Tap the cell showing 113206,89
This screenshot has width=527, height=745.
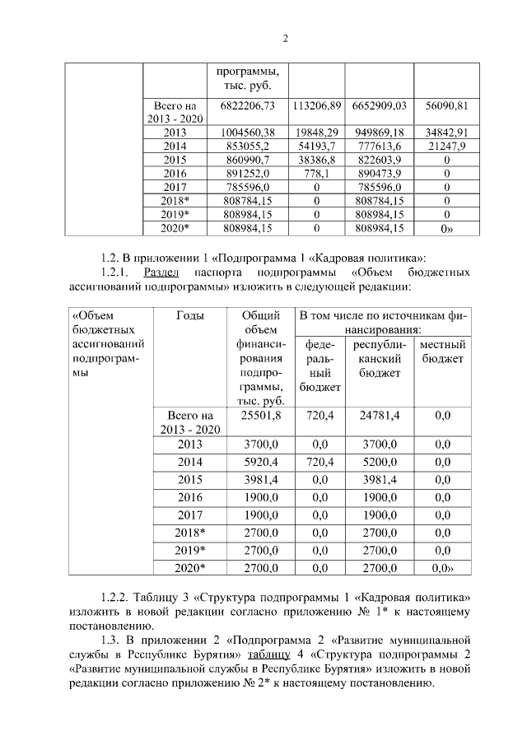(x=316, y=106)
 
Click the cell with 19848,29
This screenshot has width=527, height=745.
(x=316, y=132)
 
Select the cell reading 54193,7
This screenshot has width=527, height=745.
(x=316, y=146)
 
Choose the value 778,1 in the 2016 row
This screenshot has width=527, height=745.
(x=316, y=174)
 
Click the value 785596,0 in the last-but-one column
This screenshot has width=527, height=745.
(x=379, y=187)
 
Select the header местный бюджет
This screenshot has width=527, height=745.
(x=443, y=352)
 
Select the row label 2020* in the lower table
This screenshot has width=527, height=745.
(x=190, y=568)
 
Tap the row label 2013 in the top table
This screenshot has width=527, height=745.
(x=175, y=132)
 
